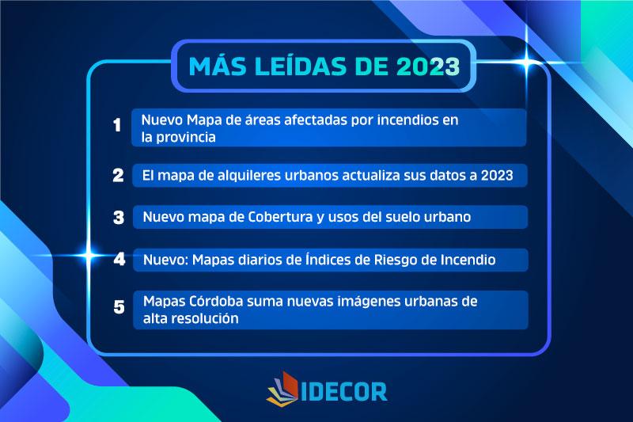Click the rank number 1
(x=117, y=125)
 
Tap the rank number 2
(x=118, y=175)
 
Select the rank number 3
(x=119, y=217)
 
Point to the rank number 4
(x=119, y=259)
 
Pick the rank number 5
(x=119, y=307)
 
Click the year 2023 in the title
(x=428, y=67)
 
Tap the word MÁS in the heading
(x=217, y=66)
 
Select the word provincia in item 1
(x=186, y=137)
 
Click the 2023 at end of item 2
(x=497, y=175)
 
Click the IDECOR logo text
(x=344, y=391)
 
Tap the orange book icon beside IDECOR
(x=282, y=388)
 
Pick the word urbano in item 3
(x=447, y=217)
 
